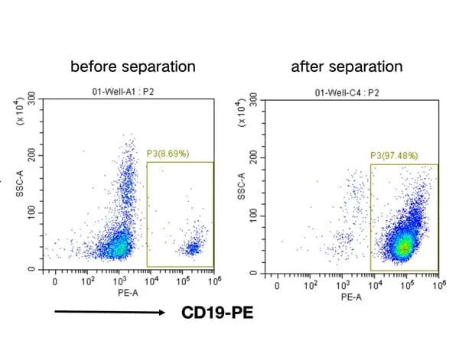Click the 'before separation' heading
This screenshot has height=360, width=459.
click(x=132, y=67)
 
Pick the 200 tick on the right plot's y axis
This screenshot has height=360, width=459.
click(x=255, y=157)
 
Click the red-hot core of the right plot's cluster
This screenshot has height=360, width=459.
click(x=403, y=247)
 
